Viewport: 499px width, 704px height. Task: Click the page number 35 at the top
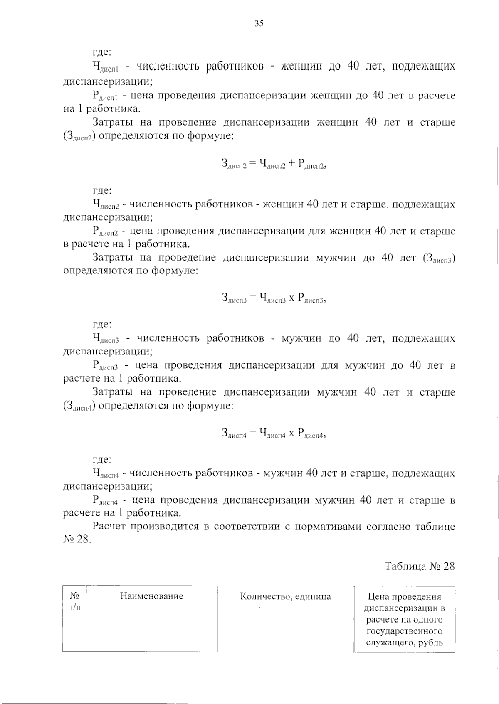tap(259, 23)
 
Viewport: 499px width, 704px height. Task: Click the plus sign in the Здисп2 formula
tap(291, 163)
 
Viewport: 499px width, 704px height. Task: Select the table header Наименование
tap(152, 596)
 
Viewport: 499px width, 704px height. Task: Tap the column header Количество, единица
tap(286, 596)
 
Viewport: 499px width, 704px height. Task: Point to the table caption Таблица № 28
tap(420, 566)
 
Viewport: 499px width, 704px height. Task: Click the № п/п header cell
tap(74, 601)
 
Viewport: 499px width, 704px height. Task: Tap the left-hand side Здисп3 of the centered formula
tap(235, 298)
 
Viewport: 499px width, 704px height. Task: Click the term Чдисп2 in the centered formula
tap(272, 164)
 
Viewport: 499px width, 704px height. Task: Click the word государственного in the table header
tap(404, 631)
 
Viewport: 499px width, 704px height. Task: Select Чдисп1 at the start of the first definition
tap(106, 67)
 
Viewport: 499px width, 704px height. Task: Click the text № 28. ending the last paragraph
tap(77, 540)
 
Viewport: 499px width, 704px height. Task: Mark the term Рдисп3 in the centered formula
tap(310, 299)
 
